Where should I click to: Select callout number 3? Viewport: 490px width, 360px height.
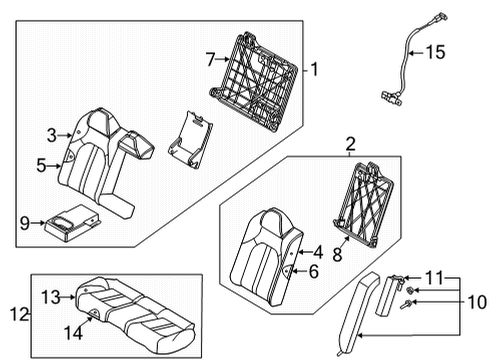click(50, 133)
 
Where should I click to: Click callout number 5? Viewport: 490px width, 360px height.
click(41, 166)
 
